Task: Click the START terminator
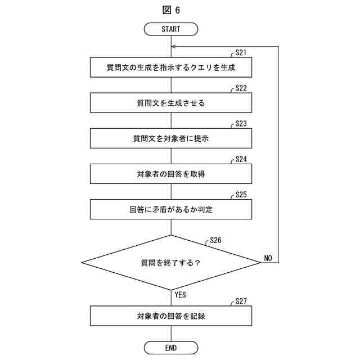(170, 29)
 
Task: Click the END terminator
(170, 348)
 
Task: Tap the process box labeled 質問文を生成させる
(170, 103)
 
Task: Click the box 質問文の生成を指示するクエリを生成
(170, 67)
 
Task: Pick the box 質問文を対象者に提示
(170, 138)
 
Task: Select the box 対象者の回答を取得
(170, 174)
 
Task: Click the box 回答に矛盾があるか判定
(170, 209)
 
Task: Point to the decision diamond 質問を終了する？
(170, 263)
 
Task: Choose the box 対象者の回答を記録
(170, 316)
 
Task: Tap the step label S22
(241, 88)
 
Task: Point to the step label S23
(241, 123)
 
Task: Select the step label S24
(241, 159)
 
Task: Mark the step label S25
(241, 194)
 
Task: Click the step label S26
(215, 240)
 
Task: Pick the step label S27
(241, 301)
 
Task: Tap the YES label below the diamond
(180, 294)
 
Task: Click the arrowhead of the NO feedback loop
(174, 46)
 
